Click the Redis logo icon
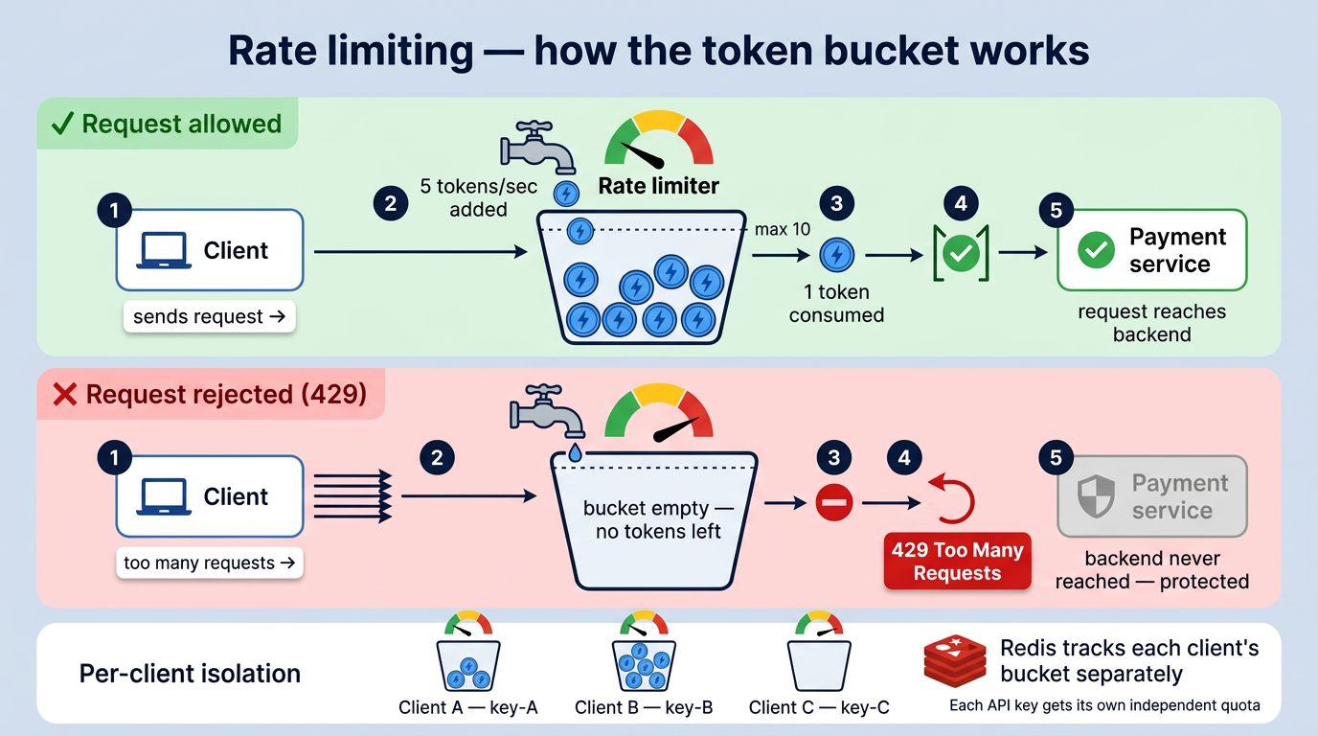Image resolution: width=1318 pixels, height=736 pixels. (x=954, y=660)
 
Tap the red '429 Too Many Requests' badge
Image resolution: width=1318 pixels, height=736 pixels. (x=957, y=562)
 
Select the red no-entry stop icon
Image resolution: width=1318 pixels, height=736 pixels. (x=833, y=502)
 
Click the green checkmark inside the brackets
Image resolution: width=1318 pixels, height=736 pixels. (x=960, y=253)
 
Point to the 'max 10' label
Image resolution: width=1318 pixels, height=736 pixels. (x=783, y=229)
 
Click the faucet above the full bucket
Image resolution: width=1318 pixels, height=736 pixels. (x=537, y=147)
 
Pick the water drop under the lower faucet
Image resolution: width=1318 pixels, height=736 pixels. (x=575, y=451)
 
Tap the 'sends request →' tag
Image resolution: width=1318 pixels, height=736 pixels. (x=209, y=317)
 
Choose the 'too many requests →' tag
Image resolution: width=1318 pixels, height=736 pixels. (x=209, y=563)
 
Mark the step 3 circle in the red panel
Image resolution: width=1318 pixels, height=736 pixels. (x=833, y=458)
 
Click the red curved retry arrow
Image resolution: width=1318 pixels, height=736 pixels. (x=953, y=499)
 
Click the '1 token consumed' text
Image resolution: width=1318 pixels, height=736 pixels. (x=836, y=304)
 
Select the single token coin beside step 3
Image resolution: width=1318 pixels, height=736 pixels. (x=837, y=254)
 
